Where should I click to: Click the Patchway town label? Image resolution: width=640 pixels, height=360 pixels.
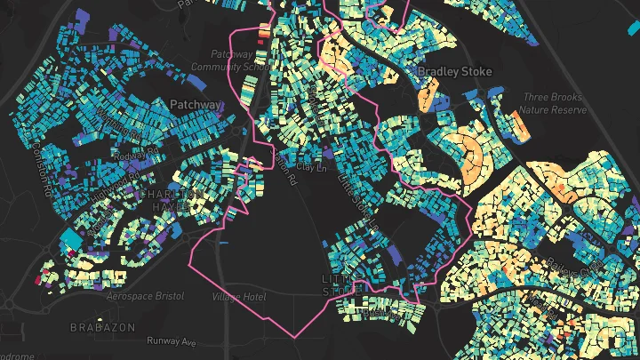[196, 105]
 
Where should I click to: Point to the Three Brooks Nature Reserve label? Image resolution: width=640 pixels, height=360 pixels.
[555, 103]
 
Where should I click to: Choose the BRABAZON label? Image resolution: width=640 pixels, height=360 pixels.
[103, 327]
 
